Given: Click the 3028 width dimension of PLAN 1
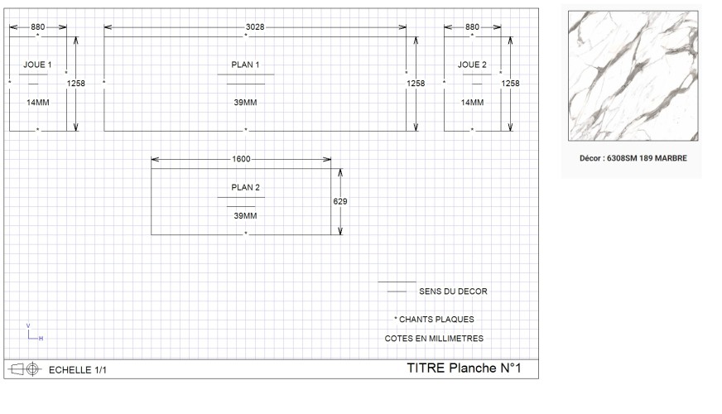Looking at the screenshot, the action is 255,27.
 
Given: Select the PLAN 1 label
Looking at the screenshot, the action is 245,65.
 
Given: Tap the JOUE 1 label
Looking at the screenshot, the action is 38,65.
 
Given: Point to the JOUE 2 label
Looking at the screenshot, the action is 472,65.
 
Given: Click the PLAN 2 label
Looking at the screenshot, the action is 245,187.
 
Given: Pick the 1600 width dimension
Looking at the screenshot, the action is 241,159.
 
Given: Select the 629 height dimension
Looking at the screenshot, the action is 340,201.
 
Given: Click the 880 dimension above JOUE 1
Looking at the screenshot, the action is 38,27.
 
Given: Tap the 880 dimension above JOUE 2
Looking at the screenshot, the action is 472,27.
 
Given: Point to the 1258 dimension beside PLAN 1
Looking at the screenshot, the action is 416,84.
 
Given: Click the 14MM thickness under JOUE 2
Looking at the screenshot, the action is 473,103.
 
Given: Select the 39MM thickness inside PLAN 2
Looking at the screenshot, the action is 245,216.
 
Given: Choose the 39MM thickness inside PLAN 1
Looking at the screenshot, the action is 245,103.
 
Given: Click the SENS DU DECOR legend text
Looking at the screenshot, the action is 453,291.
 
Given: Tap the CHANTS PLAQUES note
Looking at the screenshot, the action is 434,320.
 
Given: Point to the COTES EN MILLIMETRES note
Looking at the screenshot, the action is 434,339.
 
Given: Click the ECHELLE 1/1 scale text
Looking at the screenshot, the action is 77,370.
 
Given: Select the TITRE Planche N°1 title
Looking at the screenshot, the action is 464,368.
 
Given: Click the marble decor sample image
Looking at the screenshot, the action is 633,76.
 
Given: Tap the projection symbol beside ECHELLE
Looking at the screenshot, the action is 25,369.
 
